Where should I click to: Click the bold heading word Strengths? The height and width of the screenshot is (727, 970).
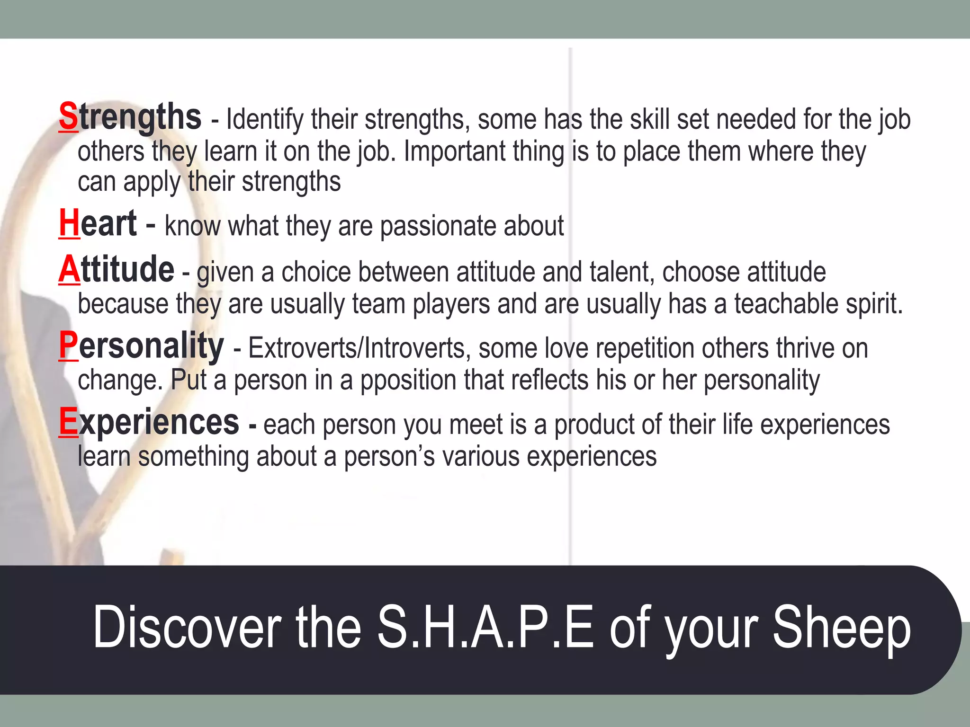pos(130,117)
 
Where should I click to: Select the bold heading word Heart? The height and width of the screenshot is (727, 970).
pos(98,223)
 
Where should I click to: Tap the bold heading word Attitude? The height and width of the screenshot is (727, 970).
pos(117,270)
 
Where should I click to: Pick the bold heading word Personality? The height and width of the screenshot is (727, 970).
pos(141,346)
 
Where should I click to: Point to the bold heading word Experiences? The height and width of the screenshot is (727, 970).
pos(149,422)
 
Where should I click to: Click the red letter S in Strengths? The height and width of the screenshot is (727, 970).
pos(69,117)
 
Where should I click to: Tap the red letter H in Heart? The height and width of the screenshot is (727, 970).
pos(69,223)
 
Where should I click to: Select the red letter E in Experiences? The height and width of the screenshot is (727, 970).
pos(68,422)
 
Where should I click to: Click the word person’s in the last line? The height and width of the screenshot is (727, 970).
pos(389,456)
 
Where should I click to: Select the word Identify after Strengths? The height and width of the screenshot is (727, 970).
pos(265,119)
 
